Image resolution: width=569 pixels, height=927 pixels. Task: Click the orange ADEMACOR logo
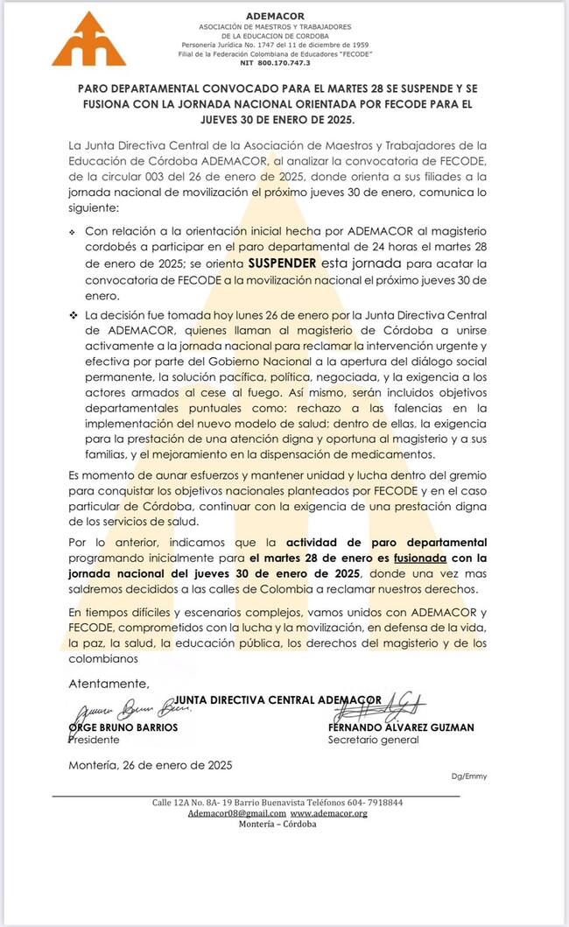(x=88, y=39)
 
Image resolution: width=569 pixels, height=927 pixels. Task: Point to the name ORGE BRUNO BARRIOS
(x=123, y=727)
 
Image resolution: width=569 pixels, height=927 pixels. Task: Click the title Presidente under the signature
(x=94, y=740)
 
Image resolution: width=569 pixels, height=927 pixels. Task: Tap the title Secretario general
(x=373, y=740)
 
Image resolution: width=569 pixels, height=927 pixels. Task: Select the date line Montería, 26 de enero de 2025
(x=150, y=764)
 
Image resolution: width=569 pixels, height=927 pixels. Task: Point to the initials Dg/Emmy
(x=469, y=776)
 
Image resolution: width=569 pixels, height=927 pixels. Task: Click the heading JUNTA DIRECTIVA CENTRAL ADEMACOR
(x=278, y=699)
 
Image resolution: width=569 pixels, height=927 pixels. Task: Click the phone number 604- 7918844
(x=372, y=802)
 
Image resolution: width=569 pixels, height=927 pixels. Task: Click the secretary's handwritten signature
(x=396, y=705)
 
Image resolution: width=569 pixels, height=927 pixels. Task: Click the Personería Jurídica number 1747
(x=268, y=43)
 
